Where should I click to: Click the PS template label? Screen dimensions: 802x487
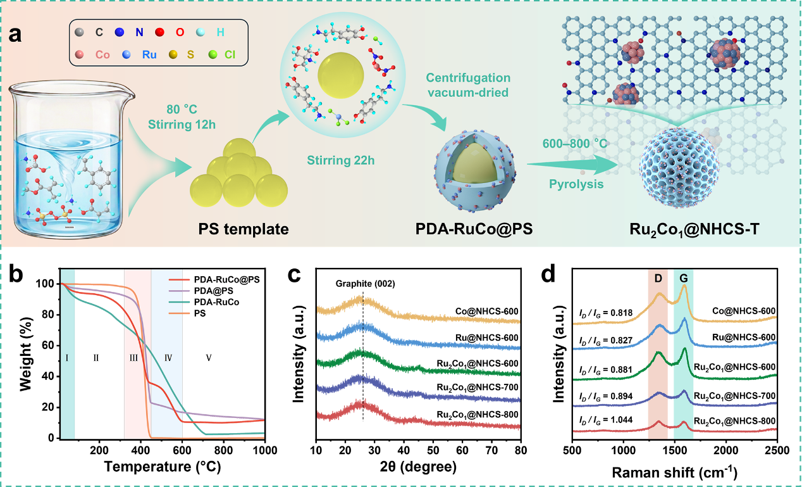click(244, 229)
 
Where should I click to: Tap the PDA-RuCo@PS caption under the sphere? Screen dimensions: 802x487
click(474, 229)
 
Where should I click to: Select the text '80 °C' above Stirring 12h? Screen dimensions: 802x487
click(182, 110)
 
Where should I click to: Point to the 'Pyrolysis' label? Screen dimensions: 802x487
click(576, 184)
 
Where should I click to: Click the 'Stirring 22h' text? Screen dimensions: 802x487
click(341, 160)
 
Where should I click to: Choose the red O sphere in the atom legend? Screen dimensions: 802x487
click(159, 32)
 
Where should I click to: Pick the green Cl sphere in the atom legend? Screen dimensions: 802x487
click(213, 54)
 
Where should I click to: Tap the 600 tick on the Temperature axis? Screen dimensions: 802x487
click(182, 450)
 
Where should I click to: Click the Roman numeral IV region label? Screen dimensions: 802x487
click(168, 358)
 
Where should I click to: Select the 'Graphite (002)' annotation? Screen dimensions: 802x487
click(365, 284)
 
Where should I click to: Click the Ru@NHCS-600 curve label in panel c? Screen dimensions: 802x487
click(486, 338)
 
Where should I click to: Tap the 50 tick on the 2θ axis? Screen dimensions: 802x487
click(433, 450)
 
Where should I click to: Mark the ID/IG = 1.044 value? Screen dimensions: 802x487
click(606, 420)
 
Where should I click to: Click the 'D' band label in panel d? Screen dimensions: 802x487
click(658, 278)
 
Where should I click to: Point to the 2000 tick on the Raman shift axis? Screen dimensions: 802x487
click(726, 450)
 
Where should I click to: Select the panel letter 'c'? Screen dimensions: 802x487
click(294, 275)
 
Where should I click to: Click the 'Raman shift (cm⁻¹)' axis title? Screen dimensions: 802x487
click(674, 472)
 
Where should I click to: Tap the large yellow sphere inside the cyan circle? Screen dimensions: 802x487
click(340, 75)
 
